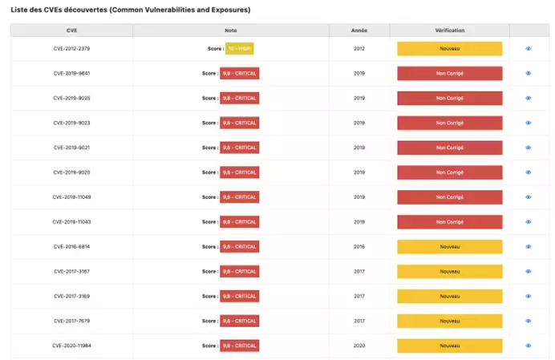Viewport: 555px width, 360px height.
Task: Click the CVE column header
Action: pos(71,30)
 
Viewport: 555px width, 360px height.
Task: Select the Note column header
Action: pos(231,30)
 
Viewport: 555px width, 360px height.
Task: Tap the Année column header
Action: pos(359,30)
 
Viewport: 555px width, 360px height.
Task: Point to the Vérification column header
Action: pos(449,30)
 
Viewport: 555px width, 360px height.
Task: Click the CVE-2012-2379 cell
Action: pos(71,48)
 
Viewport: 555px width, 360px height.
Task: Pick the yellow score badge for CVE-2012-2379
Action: pos(240,48)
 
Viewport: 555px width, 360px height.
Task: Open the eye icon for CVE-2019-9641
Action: pos(529,73)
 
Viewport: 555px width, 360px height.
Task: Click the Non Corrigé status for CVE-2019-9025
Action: pos(449,98)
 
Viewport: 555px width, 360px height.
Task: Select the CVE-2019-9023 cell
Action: pos(71,123)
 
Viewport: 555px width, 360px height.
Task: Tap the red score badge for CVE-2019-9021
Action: pos(240,148)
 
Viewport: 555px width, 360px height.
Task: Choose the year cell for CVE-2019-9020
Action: pos(359,172)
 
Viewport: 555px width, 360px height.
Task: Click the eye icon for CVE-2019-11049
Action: pos(529,197)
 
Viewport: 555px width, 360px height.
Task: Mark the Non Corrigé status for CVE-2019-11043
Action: pos(449,221)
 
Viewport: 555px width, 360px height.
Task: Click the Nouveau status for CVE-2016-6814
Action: pos(449,247)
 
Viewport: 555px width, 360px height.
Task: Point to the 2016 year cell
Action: pos(359,247)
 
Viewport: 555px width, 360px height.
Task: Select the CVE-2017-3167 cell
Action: pos(71,271)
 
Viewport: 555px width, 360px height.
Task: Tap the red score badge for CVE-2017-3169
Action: pos(240,296)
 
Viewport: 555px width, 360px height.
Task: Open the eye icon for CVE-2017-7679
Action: pos(529,321)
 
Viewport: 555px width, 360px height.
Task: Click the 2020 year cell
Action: pos(359,346)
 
